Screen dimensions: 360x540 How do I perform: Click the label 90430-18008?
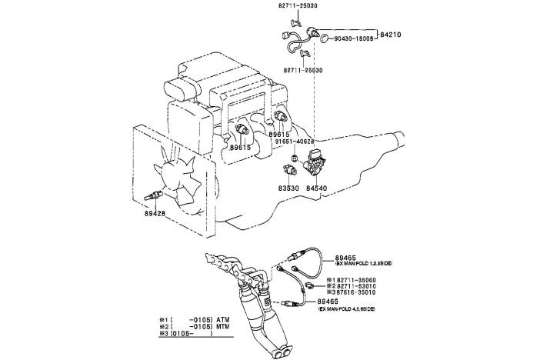(354, 38)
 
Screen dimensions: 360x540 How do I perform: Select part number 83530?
(290, 187)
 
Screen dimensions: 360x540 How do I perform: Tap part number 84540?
(318, 187)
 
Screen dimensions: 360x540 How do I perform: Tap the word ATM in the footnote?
(223, 318)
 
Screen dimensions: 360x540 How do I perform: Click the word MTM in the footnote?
(223, 326)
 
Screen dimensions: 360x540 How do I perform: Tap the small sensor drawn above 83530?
(291, 168)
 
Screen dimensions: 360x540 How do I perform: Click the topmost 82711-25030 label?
(300, 5)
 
